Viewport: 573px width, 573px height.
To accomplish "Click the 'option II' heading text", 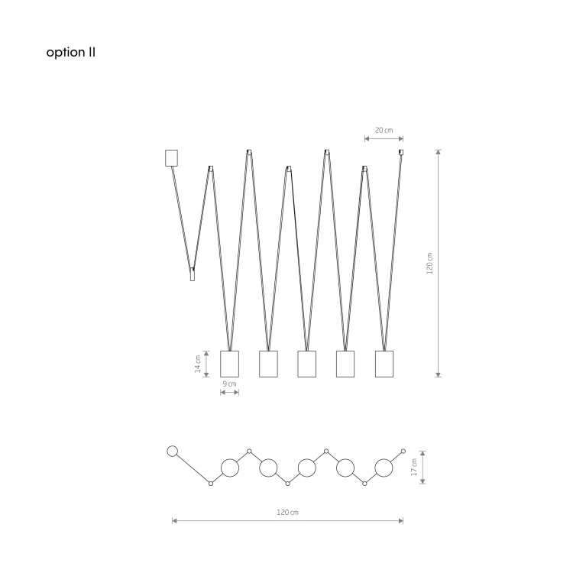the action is (x=70, y=52).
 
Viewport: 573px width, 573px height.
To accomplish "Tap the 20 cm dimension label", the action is (x=384, y=130).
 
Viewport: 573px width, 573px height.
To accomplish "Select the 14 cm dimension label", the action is (x=198, y=364).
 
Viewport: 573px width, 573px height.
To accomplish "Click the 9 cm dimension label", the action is (x=229, y=384).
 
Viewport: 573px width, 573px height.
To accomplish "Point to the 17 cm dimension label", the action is (x=414, y=468).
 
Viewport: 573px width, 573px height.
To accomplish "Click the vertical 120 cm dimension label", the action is (x=429, y=263).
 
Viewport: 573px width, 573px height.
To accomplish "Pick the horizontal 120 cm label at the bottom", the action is (x=287, y=513).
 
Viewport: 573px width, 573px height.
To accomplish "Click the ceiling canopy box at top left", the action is (x=171, y=158).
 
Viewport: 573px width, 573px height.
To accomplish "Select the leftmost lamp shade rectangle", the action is (x=229, y=364).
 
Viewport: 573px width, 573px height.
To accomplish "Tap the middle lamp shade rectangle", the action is (x=307, y=364).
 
